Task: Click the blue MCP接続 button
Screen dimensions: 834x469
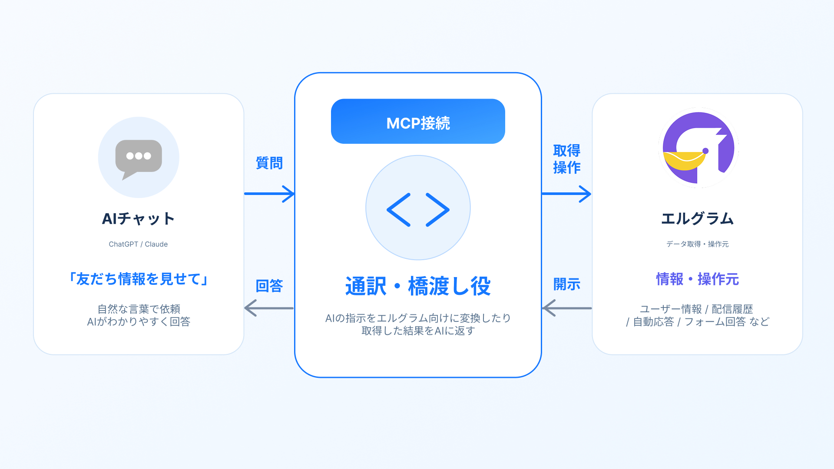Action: pyautogui.click(x=418, y=121)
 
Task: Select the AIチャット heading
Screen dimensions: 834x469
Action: pyautogui.click(x=138, y=218)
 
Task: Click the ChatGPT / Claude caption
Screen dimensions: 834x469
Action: pyautogui.click(x=138, y=244)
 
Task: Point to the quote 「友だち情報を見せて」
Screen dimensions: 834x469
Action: pyautogui.click(x=139, y=279)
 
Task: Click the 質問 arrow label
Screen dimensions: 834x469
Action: pyautogui.click(x=269, y=163)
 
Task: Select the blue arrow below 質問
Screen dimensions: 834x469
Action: pyautogui.click(x=269, y=194)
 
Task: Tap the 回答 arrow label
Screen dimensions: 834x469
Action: pyautogui.click(x=269, y=286)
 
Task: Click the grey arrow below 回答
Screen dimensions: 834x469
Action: pyautogui.click(x=269, y=308)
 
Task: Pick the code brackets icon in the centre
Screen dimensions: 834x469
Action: pyautogui.click(x=418, y=210)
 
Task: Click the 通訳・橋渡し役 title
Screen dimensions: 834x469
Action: pyautogui.click(x=418, y=286)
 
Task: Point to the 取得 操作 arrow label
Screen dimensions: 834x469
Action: pyautogui.click(x=567, y=159)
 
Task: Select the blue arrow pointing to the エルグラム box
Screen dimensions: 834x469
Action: pyautogui.click(x=567, y=194)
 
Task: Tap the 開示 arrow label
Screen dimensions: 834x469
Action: pyautogui.click(x=567, y=284)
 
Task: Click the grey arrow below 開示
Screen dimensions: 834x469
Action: pyautogui.click(x=567, y=308)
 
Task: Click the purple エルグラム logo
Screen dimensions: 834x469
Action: pyautogui.click(x=698, y=148)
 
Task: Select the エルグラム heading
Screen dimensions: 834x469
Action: pyautogui.click(x=697, y=218)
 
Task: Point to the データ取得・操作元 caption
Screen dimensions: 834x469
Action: pyautogui.click(x=698, y=244)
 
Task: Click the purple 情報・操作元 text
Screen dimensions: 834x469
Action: pyautogui.click(x=698, y=279)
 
